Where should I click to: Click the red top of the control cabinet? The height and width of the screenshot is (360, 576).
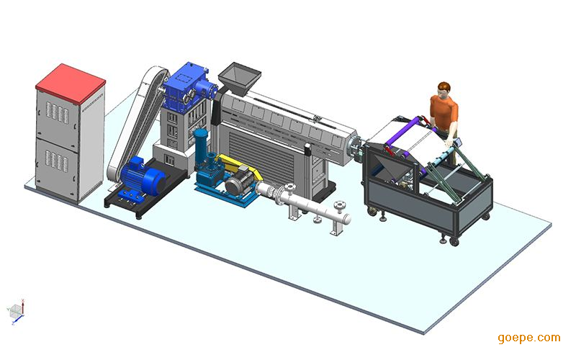[x=71, y=84]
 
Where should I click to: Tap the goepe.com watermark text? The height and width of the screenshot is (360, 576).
[x=529, y=338]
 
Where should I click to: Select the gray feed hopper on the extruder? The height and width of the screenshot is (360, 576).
[x=239, y=79]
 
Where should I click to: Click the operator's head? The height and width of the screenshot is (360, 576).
[x=444, y=89]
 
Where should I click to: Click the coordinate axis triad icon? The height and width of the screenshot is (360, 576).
[x=16, y=312]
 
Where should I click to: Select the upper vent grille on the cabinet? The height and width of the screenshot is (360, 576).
[x=58, y=113]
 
